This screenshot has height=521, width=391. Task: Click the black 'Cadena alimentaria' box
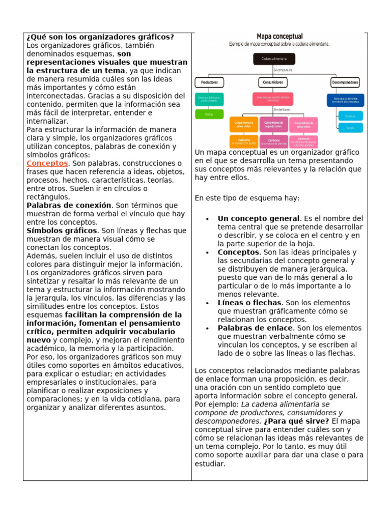(274, 59)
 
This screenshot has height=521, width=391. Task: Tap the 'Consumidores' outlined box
(274, 82)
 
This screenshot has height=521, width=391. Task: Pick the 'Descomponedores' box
(345, 82)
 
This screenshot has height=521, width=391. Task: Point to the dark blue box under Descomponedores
(345, 100)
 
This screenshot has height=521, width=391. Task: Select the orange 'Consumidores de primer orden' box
(244, 124)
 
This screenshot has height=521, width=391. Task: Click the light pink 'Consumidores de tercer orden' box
(303, 124)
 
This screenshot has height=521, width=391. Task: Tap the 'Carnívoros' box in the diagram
(273, 141)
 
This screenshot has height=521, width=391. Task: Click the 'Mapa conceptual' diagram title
(280, 37)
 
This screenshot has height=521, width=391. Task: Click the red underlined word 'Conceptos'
(47, 163)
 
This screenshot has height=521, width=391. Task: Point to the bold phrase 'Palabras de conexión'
(69, 206)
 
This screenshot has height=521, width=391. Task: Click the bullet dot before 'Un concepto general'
(207, 219)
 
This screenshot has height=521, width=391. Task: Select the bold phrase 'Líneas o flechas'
(249, 303)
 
